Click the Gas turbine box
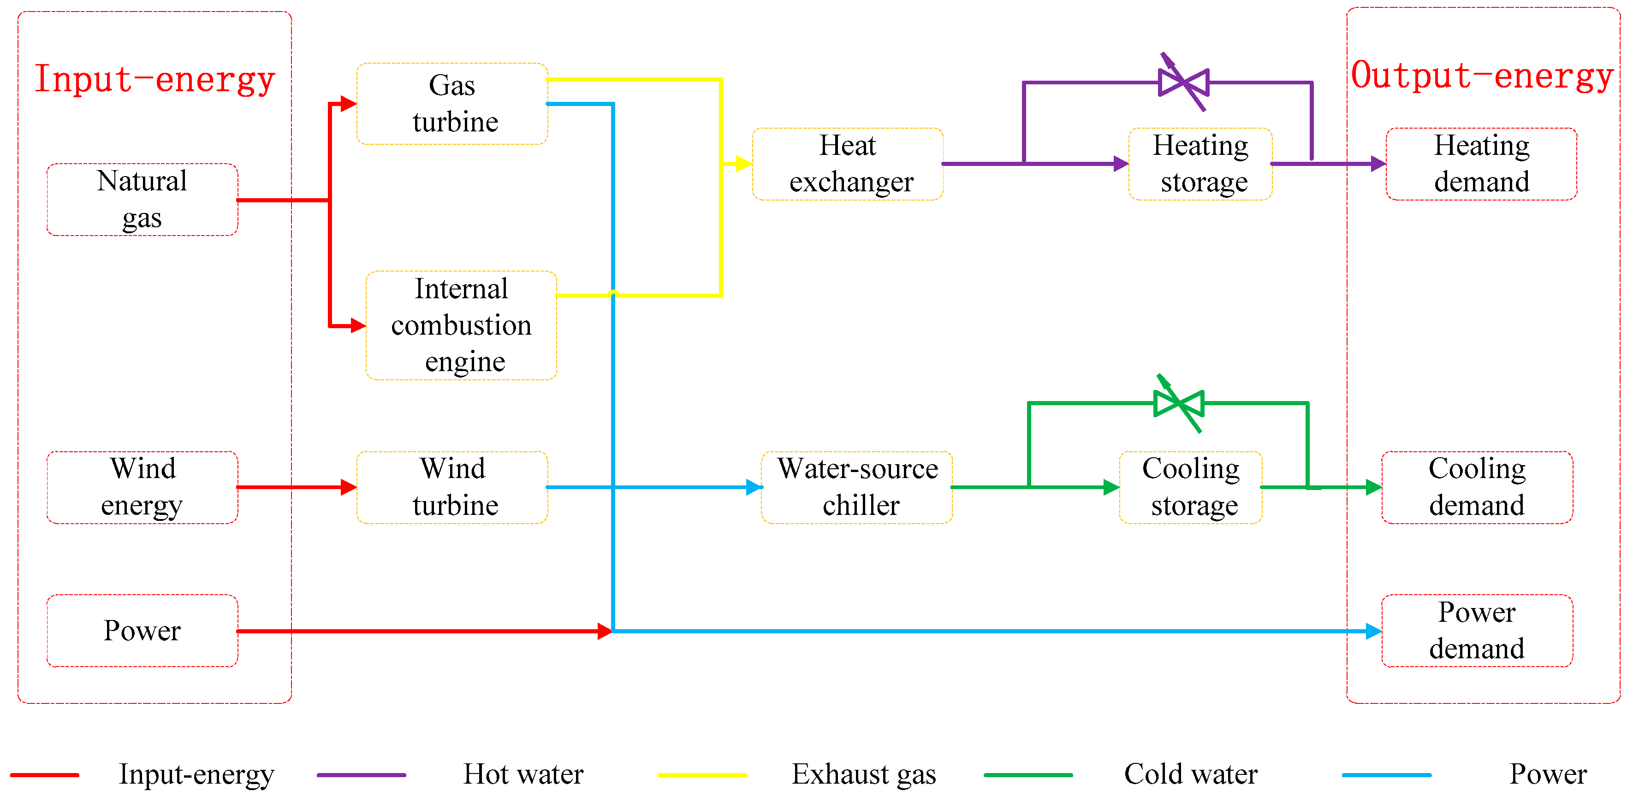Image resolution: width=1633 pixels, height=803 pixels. click(x=452, y=103)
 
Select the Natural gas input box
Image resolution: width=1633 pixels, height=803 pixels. click(x=142, y=200)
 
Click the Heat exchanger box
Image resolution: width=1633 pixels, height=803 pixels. click(x=848, y=164)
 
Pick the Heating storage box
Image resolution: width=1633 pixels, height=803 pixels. click(x=1200, y=164)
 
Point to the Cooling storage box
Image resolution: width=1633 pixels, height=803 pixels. click(x=1191, y=487)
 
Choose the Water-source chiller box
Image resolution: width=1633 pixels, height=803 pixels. click(x=856, y=487)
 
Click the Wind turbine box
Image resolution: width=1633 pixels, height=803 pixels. click(x=452, y=487)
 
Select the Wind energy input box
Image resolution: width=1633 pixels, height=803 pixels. click(x=142, y=487)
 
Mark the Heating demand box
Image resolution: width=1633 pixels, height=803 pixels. click(x=1481, y=164)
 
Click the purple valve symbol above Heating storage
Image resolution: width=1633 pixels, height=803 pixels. click(x=1183, y=83)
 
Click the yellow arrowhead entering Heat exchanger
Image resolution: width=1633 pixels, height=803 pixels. click(x=743, y=164)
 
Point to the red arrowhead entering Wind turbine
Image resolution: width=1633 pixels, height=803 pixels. click(x=348, y=487)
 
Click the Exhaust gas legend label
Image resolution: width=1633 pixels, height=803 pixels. click(x=863, y=774)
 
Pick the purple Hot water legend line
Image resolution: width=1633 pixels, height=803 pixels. click(x=362, y=774)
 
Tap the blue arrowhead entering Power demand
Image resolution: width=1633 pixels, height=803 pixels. click(x=1372, y=631)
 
